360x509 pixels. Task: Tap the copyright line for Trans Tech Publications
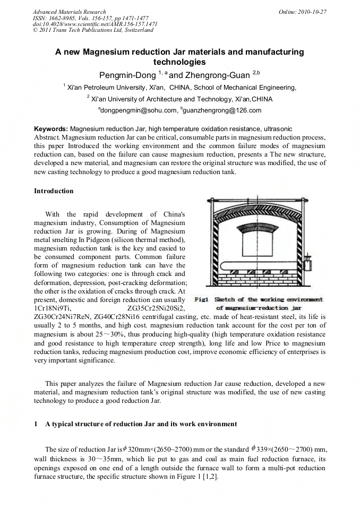coord(93,30)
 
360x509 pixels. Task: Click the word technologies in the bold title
coord(179,62)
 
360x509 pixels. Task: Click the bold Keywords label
coord(51,129)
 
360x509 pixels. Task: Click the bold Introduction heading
coord(54,191)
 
